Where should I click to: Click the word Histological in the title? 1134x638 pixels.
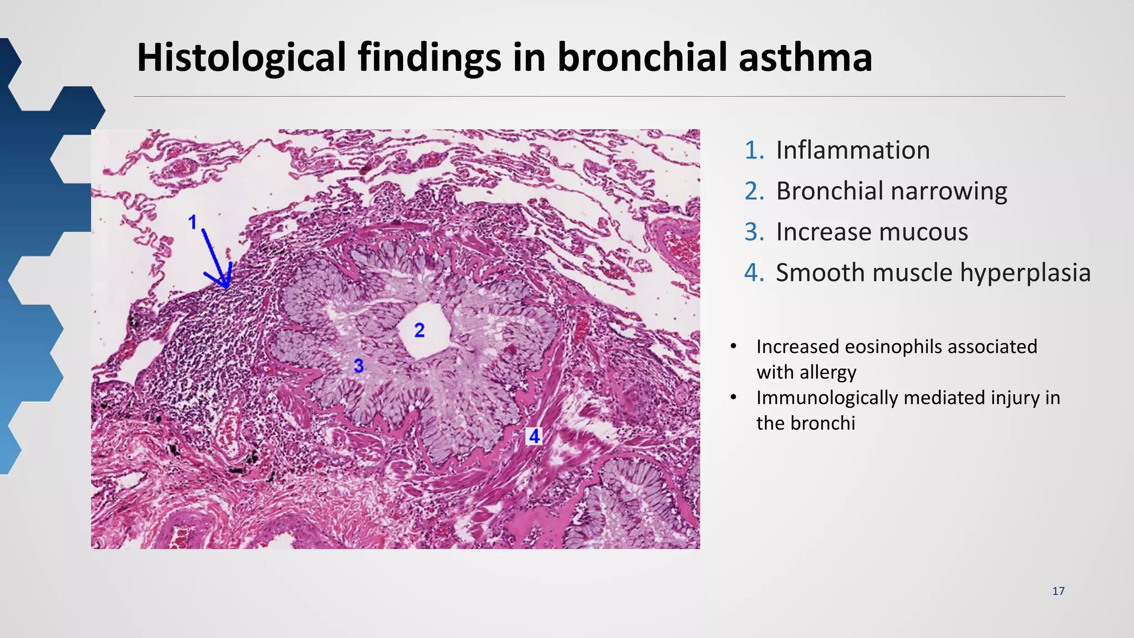[x=241, y=58]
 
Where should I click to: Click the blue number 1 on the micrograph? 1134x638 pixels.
[x=193, y=223]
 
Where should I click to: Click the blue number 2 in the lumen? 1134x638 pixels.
[x=420, y=331]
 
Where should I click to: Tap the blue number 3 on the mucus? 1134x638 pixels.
[x=359, y=366]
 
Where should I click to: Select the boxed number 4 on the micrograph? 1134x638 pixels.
[x=534, y=436]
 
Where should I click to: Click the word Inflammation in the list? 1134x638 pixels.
[x=853, y=150]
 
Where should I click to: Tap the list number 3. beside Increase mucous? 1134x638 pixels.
[x=755, y=232]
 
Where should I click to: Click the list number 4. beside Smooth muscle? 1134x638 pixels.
[x=755, y=273]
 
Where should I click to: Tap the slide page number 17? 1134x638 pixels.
[x=1058, y=591]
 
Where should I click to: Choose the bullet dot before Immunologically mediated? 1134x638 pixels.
[x=734, y=397]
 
